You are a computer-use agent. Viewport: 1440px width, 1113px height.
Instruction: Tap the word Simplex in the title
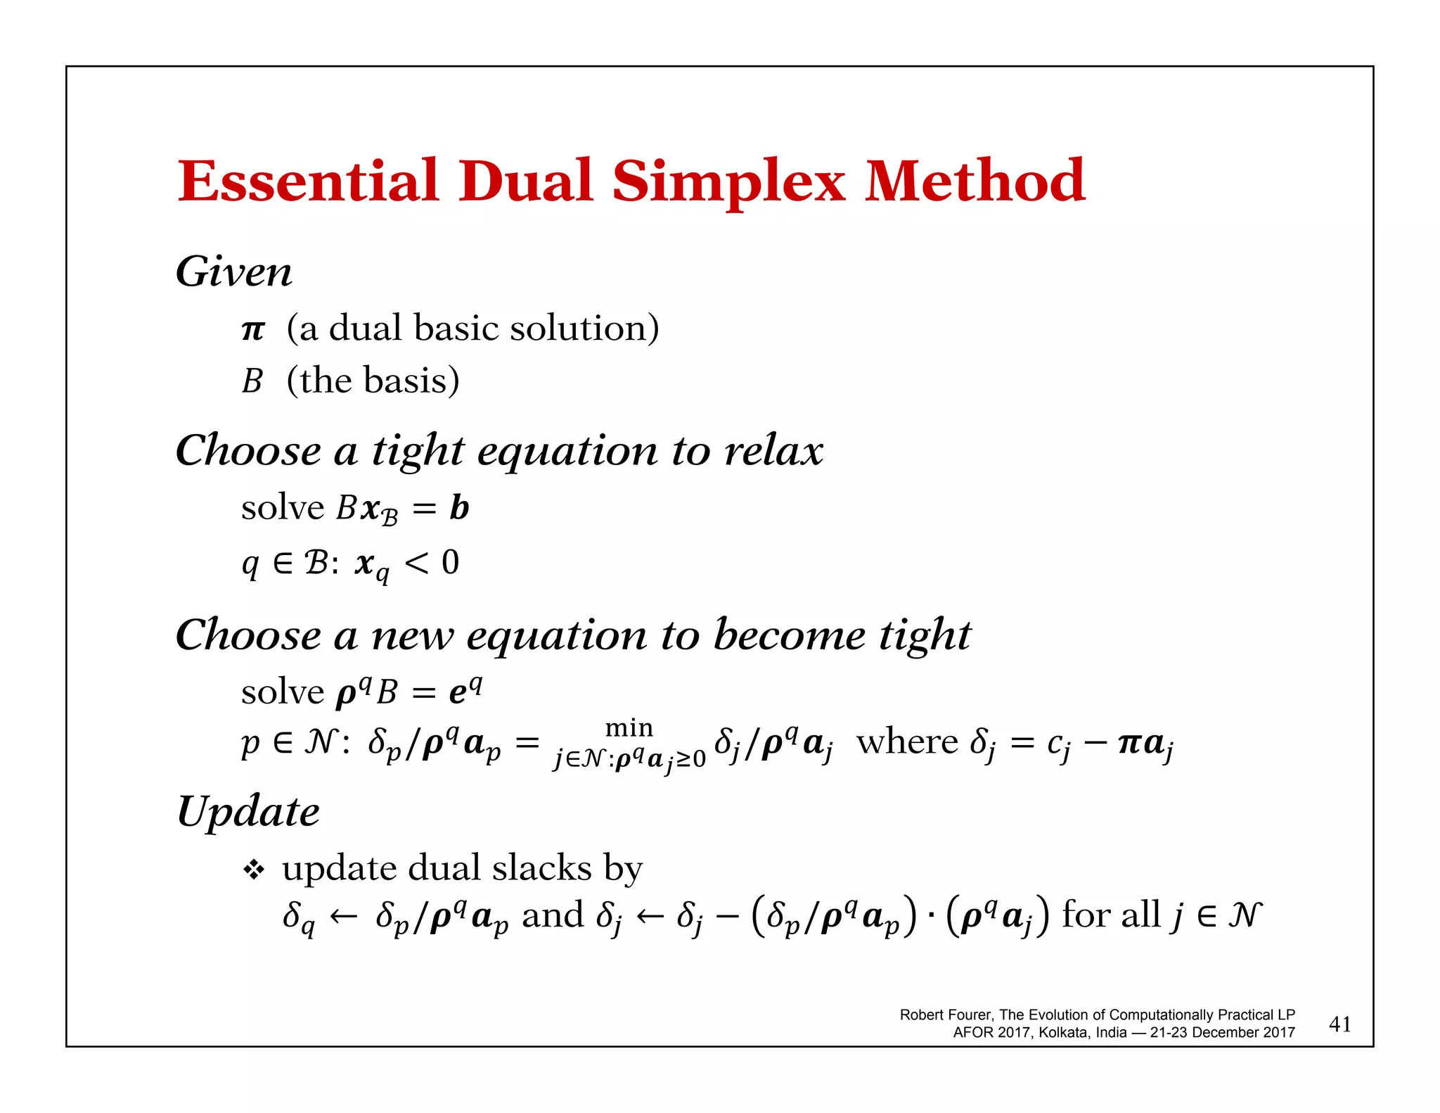pyautogui.click(x=728, y=183)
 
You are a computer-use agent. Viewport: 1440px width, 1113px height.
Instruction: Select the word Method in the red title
pyautogui.click(x=975, y=182)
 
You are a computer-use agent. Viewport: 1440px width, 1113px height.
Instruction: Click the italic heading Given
pyautogui.click(x=233, y=272)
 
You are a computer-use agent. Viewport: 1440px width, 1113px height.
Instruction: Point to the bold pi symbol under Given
pyautogui.click(x=253, y=329)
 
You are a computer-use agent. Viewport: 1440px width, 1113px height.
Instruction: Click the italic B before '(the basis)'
pyautogui.click(x=252, y=381)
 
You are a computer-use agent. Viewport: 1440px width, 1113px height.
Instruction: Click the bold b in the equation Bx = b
pyautogui.click(x=459, y=507)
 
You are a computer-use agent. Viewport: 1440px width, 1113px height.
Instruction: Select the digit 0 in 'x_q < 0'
pyautogui.click(x=450, y=562)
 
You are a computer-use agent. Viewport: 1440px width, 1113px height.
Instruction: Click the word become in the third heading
pyautogui.click(x=790, y=635)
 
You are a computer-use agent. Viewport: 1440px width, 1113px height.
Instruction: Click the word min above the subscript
pyautogui.click(x=629, y=727)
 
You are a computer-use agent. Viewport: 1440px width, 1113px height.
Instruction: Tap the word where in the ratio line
pyautogui.click(x=907, y=742)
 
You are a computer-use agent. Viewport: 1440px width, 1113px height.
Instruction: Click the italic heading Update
pyautogui.click(x=248, y=812)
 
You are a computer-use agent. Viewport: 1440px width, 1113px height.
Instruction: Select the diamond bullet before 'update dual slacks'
pyautogui.click(x=253, y=870)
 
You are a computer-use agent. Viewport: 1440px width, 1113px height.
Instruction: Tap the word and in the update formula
pyautogui.click(x=553, y=915)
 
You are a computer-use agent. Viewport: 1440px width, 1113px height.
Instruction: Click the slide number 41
pyautogui.click(x=1340, y=1024)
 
